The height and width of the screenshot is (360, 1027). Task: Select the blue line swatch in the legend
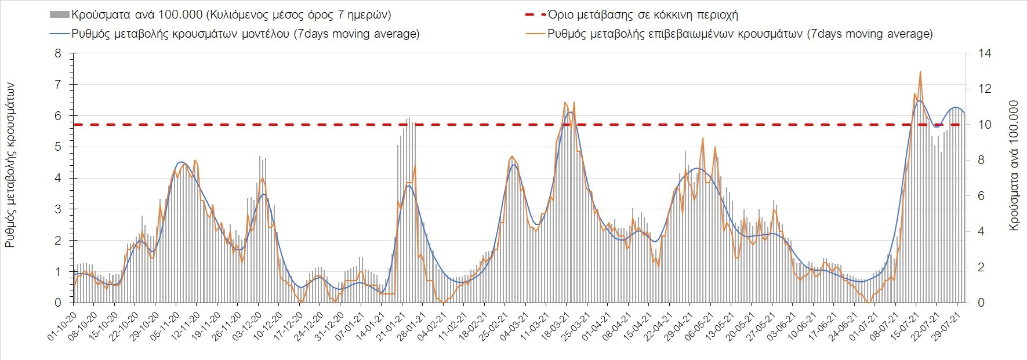coord(60,34)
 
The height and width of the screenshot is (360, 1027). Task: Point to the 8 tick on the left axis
coord(57,53)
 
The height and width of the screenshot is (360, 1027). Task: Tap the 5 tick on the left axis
coord(57,147)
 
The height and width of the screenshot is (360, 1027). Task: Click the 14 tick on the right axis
coord(985,53)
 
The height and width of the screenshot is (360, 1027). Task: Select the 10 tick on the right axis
coord(985,125)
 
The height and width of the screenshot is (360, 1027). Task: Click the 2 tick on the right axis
coord(981,267)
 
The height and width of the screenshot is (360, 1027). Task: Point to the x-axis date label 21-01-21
coord(393,328)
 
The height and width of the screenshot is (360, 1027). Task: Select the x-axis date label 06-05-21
coord(701,328)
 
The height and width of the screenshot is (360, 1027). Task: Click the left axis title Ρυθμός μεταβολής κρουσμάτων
coord(10,165)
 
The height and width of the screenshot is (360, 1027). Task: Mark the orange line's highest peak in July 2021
coord(920,72)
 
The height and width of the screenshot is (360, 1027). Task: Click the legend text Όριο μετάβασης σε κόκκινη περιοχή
coord(643,15)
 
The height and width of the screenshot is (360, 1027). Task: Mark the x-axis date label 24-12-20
coord(310,328)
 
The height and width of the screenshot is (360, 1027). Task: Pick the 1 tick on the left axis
coord(57,271)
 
